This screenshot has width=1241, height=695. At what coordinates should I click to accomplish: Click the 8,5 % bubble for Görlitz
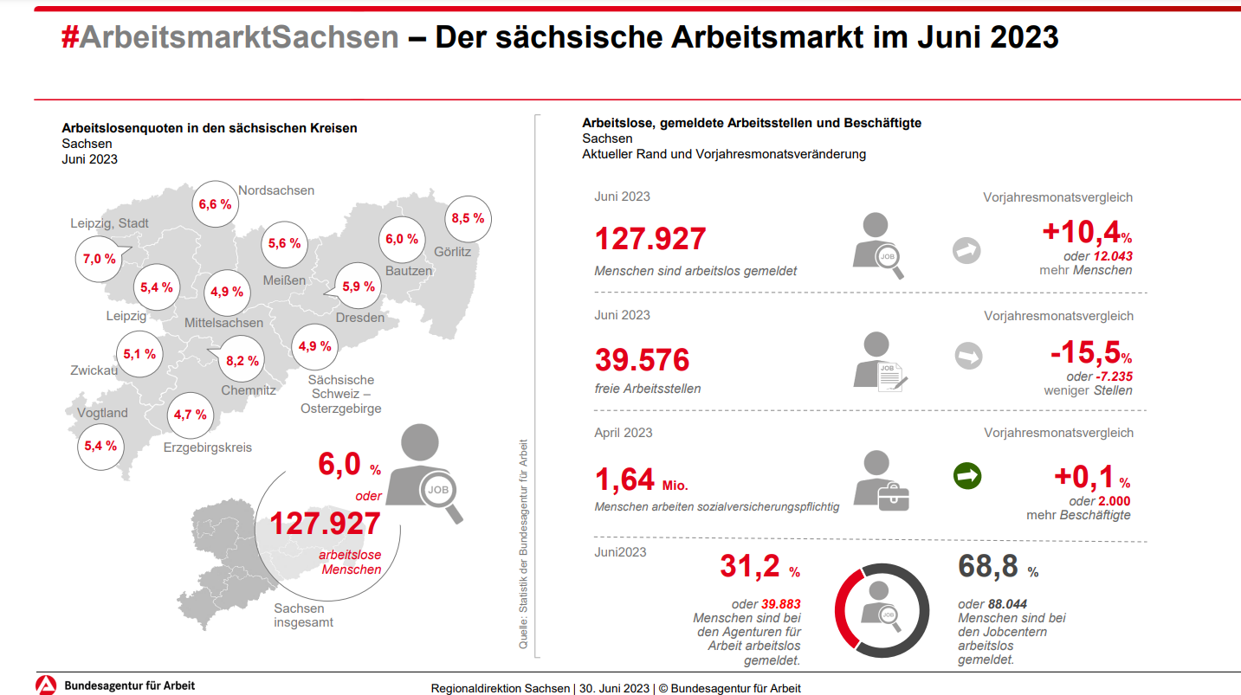tap(468, 219)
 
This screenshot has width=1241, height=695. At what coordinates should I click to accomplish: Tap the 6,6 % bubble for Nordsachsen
tap(215, 205)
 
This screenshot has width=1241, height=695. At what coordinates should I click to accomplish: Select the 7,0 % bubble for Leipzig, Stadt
tap(100, 259)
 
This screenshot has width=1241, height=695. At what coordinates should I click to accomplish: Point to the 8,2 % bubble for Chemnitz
tap(242, 361)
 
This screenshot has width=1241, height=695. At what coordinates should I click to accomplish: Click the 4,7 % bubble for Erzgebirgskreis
tap(191, 415)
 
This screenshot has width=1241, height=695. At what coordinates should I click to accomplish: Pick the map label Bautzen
tap(409, 271)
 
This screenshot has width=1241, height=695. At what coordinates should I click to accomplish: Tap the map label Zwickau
tap(94, 370)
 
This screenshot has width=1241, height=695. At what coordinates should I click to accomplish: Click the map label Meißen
tap(285, 280)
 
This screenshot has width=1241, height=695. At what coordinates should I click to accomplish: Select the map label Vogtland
tap(102, 413)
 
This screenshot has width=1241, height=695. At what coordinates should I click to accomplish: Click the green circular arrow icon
tap(967, 476)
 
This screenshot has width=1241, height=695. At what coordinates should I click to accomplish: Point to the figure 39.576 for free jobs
tap(643, 359)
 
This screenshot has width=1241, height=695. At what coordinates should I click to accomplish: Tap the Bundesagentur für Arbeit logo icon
tap(46, 685)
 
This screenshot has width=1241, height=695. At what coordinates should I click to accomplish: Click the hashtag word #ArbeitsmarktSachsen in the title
tap(229, 37)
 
